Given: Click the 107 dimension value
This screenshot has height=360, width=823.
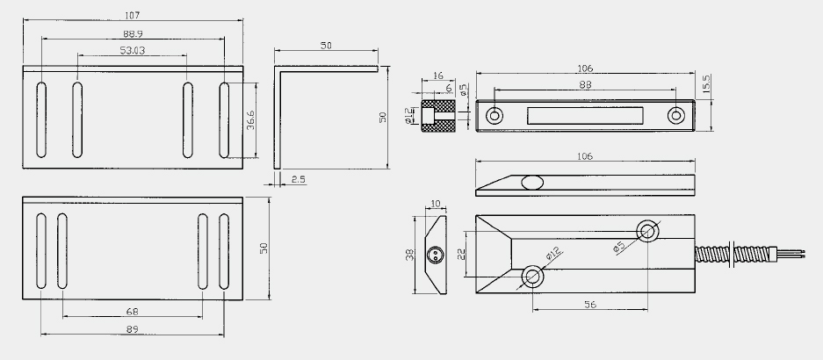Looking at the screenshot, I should coord(133,15).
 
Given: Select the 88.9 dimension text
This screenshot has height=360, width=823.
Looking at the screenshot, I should coord(134,33).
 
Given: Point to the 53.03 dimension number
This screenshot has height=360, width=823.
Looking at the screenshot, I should coord(134,51).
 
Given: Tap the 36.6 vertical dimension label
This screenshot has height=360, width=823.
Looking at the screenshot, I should coord(251,120).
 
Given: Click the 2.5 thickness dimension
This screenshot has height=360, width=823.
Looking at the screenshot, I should coord(297,180).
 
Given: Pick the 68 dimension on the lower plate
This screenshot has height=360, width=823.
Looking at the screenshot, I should coord(133,311).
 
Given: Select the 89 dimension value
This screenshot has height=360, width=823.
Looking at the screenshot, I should coord(133,328).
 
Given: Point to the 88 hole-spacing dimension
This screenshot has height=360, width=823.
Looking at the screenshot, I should coord(585,84).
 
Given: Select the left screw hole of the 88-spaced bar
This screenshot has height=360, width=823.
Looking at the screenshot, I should coord(495,115).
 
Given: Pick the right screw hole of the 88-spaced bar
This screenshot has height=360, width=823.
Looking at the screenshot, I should coord(675,115).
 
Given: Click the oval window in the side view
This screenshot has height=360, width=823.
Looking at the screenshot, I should coord(531,183).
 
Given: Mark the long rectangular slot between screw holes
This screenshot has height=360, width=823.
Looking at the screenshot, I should coord(585,115).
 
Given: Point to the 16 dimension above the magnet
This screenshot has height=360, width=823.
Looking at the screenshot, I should coord(437,76).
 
